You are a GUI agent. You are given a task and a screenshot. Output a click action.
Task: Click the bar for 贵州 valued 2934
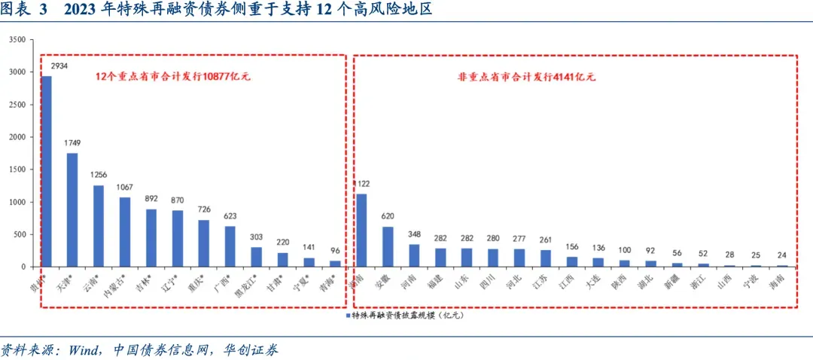tap(47, 171)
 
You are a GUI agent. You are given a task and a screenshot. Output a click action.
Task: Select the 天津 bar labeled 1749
tap(72, 210)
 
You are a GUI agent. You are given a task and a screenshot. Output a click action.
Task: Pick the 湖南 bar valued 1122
tap(361, 230)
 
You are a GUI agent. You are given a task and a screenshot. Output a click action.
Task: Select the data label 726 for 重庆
tap(203, 210)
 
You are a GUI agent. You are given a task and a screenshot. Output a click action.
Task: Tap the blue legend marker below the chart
tap(348, 316)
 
